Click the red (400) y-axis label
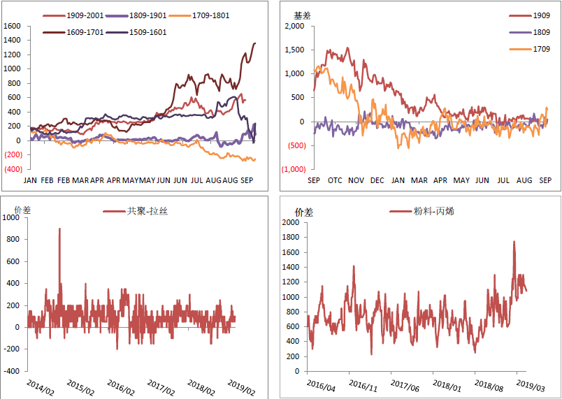(x=13, y=169)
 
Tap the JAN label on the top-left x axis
(x=30, y=180)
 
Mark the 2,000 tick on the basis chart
(x=296, y=26)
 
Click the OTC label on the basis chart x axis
(x=335, y=180)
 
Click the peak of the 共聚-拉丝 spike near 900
(x=59, y=228)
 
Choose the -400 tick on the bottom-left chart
(x=11, y=371)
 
